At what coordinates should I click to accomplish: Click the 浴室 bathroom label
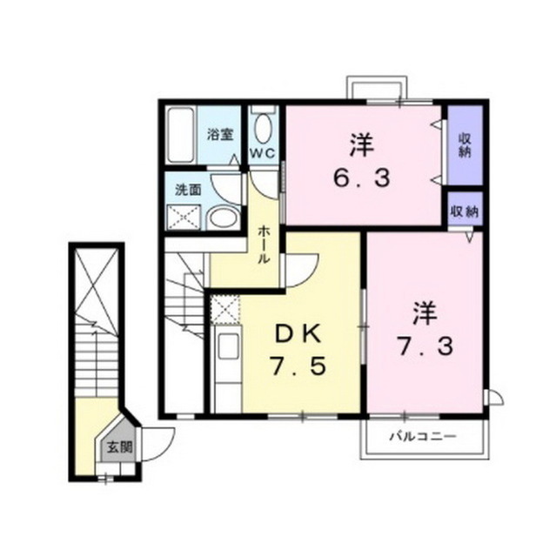219,135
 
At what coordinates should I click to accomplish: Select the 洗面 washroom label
188,189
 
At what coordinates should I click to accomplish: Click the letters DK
298,332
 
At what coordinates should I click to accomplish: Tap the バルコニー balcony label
423,435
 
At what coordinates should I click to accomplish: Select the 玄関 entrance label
119,449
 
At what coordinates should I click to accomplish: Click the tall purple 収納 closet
465,145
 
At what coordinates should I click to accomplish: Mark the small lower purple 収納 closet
465,211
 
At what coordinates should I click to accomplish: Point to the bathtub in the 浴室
180,134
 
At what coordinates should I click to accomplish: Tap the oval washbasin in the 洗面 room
224,217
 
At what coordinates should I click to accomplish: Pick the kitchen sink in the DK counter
227,346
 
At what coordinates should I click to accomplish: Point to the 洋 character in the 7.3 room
424,311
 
